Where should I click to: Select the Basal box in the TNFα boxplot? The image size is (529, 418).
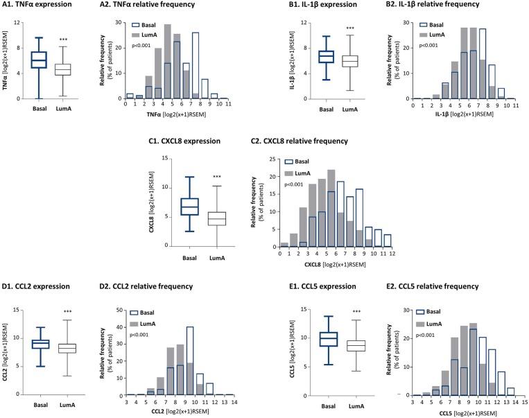pyautogui.click(x=39, y=60)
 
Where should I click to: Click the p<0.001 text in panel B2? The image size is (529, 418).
pyautogui.click(x=428, y=46)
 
